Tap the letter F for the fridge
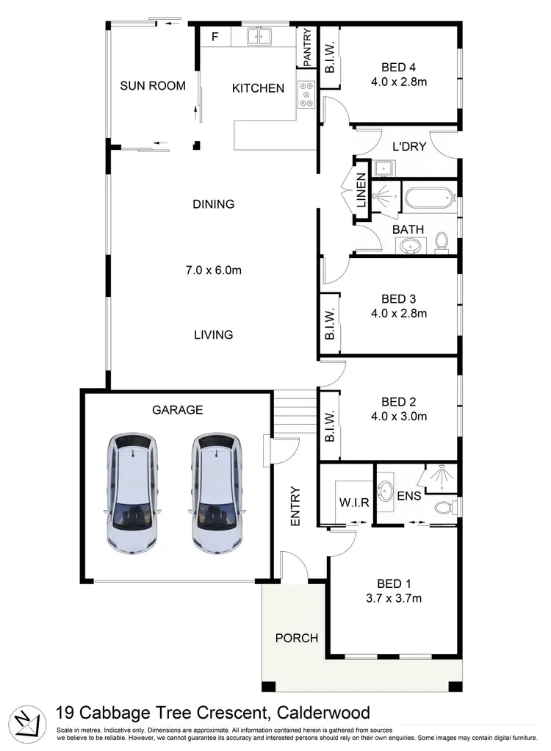(x=216, y=36)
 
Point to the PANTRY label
(x=307, y=47)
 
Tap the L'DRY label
(x=409, y=146)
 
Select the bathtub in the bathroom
(x=428, y=198)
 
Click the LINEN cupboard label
(x=361, y=196)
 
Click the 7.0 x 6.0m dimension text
(x=213, y=270)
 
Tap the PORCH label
(x=296, y=637)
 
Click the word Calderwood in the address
(x=323, y=711)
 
